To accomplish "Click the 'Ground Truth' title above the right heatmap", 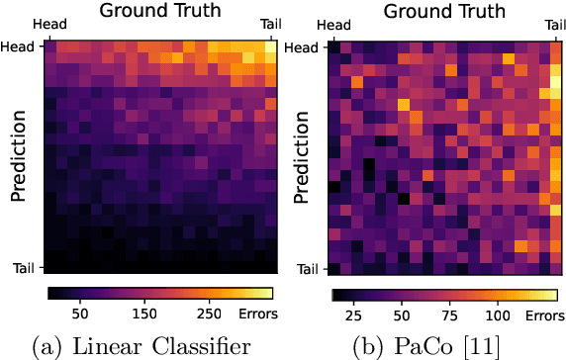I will pos(444,12).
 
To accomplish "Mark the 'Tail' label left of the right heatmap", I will pos(309,268).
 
